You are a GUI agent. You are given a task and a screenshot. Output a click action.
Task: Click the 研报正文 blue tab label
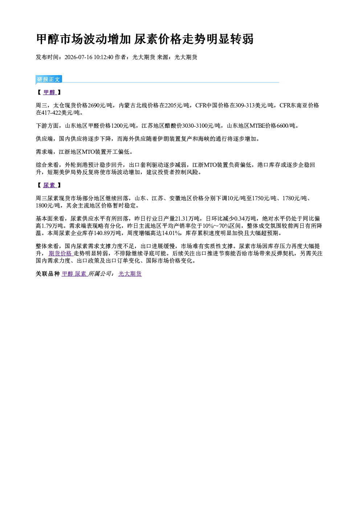click(49, 79)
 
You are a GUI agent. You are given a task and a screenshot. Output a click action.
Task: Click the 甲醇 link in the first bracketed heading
click(49, 92)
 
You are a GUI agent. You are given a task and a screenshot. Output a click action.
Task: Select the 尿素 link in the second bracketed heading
click(49, 185)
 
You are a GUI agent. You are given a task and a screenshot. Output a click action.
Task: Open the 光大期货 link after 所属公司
click(130, 274)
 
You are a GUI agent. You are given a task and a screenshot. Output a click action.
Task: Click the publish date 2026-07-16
click(78, 57)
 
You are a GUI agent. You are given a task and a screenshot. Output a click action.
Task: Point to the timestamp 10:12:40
click(103, 57)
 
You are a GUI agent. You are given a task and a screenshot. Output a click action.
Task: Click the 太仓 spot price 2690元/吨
click(100, 106)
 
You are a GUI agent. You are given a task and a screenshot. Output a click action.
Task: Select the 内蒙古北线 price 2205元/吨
click(177, 106)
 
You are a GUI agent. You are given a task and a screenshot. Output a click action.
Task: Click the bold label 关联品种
click(48, 274)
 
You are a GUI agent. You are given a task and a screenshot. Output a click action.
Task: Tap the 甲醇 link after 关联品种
click(67, 274)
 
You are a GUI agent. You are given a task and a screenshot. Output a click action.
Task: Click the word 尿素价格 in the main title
click(158, 39)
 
